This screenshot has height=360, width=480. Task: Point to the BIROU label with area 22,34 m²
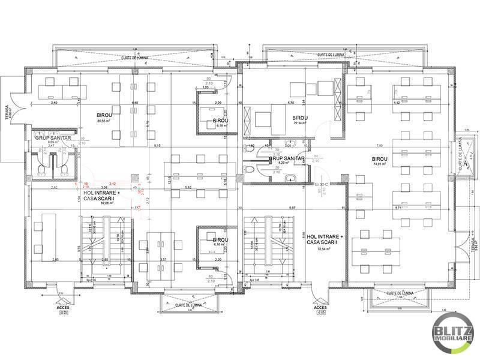tap(296, 118)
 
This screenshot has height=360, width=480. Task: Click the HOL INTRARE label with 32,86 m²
tap(98, 196)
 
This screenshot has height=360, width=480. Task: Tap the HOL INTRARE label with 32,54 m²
tap(324, 239)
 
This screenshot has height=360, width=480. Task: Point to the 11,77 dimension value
tap(136, 208)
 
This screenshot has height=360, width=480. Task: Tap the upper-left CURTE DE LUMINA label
tap(134, 58)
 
